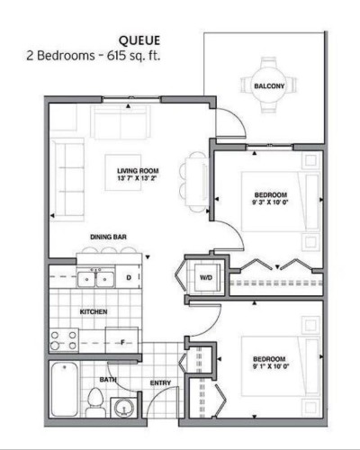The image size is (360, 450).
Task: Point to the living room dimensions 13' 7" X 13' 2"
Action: click(x=137, y=177)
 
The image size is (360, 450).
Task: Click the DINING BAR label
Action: click(x=106, y=238)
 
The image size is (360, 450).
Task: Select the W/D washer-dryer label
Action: click(x=204, y=277)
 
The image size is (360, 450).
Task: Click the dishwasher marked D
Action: click(x=130, y=278)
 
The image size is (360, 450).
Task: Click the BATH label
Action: click(x=107, y=381)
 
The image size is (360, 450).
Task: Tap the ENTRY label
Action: click(x=161, y=384)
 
